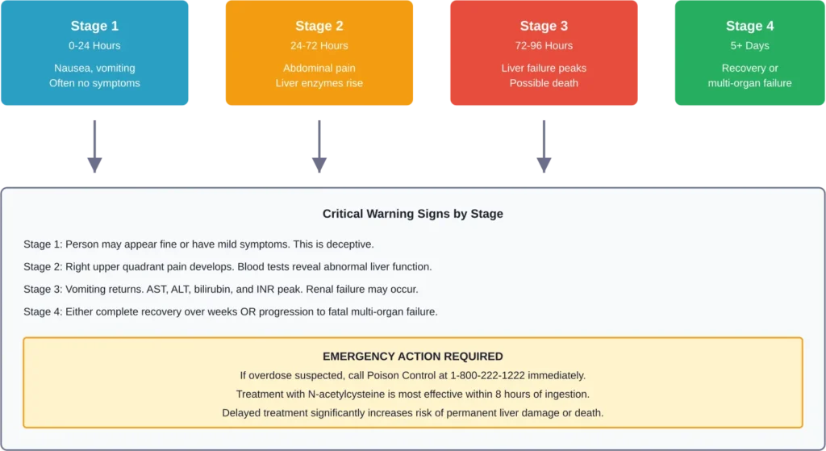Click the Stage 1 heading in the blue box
(x=94, y=27)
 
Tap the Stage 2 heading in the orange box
(x=319, y=27)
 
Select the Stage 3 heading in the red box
(x=544, y=27)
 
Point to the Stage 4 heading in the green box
(x=749, y=27)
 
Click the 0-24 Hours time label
(x=94, y=46)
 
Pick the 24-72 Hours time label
(x=319, y=46)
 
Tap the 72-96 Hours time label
(x=544, y=46)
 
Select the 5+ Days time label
(x=749, y=46)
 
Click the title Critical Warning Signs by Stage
(x=412, y=214)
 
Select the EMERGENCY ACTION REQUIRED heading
(x=412, y=357)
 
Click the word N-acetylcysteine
(x=351, y=394)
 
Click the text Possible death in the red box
(x=544, y=83)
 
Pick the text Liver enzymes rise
(x=319, y=83)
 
